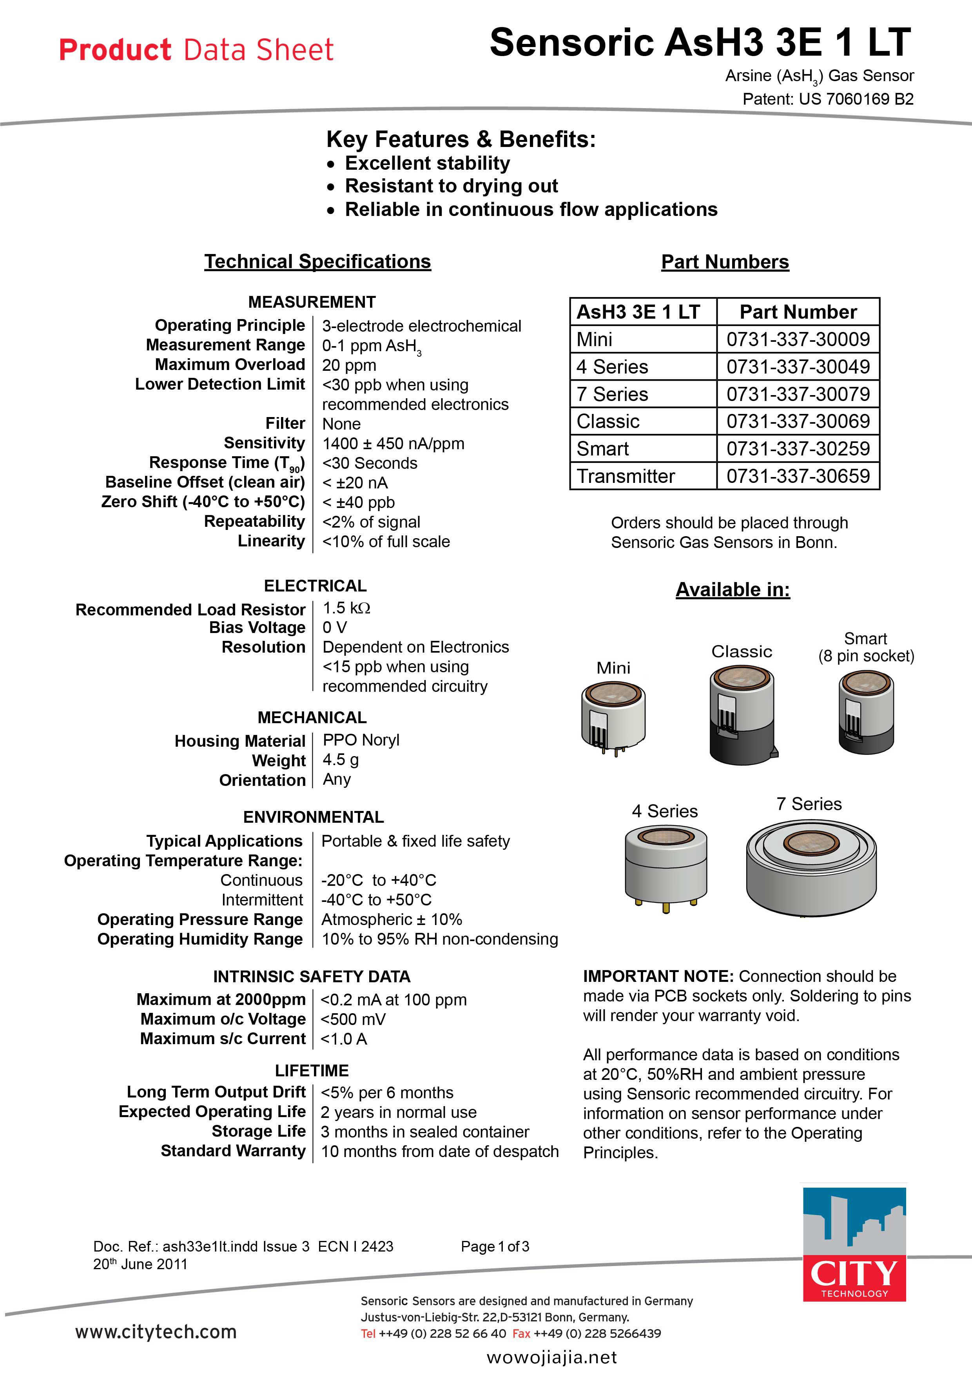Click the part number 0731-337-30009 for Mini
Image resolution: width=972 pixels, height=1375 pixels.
[798, 339]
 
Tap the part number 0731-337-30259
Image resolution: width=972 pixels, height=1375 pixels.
[798, 448]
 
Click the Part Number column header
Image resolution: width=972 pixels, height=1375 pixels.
[798, 312]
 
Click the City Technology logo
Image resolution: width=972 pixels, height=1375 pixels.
[854, 1243]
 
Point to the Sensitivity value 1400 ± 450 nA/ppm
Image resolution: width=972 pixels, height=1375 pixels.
[393, 444]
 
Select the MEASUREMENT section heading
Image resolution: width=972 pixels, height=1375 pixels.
[312, 302]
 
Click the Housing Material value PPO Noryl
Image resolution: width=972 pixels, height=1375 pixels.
[361, 740]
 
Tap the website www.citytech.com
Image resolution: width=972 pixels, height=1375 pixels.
[156, 1332]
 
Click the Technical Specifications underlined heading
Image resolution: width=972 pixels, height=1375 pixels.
[317, 262]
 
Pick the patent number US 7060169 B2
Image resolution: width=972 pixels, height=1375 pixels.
[856, 100]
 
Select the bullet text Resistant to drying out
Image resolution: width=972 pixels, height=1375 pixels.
[451, 186]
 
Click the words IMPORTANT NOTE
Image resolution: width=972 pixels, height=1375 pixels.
[658, 976]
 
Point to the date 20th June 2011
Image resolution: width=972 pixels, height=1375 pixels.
[140, 1264]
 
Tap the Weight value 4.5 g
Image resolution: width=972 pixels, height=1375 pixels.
[340, 760]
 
